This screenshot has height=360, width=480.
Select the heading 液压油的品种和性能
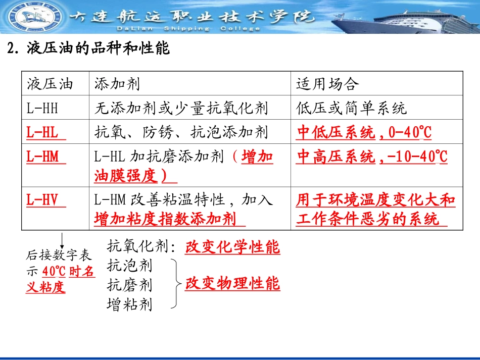tap(88, 49)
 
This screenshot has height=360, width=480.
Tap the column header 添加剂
tap(117, 84)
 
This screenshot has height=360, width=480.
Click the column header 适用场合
tap(326, 84)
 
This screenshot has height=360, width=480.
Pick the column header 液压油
tap(50, 84)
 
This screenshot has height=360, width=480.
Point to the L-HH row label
tap(42, 108)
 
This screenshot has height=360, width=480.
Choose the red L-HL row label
tap(42, 132)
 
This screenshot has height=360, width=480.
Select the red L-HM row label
tap(42, 157)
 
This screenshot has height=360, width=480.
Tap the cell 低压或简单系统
tap(351, 108)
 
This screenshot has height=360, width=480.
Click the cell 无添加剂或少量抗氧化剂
tap(181, 108)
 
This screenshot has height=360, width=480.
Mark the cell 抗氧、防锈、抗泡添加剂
tap(181, 132)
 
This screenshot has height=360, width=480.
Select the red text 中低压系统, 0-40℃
tap(364, 132)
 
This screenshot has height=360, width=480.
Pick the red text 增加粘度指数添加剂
tap(165, 219)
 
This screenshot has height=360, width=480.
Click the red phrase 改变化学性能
tap(232, 247)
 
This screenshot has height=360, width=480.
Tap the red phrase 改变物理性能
tap(232, 284)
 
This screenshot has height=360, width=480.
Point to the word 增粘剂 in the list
tap(129, 304)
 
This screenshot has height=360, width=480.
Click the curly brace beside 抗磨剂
tap(175, 284)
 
